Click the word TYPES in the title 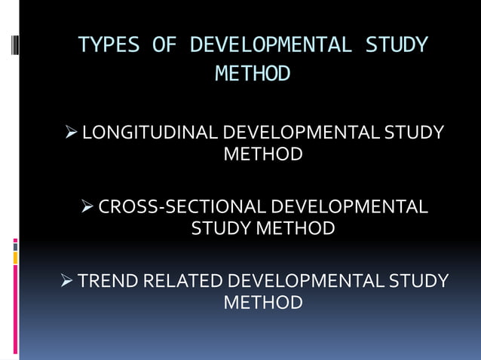[109, 45]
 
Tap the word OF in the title [164, 45]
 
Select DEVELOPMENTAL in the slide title [271, 45]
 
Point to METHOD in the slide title [253, 74]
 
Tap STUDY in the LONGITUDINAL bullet [414, 133]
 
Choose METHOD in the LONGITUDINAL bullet [263, 155]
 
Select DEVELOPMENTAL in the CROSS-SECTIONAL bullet [348, 206]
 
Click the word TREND [108, 281]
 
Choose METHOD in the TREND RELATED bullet [263, 303]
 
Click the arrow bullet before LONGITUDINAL [72, 133]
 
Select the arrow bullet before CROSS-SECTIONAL [87, 206]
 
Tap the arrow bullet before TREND [66, 281]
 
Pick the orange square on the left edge [15, 258]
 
